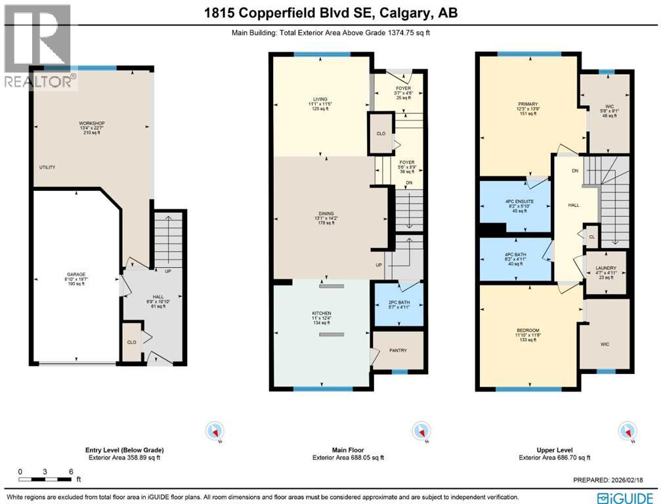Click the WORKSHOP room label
click(92, 123)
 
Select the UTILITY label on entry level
click(47, 167)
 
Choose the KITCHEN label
click(321, 314)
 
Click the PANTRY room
click(398, 350)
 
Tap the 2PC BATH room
click(398, 303)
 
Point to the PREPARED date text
click(613, 480)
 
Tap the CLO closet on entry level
click(131, 341)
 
